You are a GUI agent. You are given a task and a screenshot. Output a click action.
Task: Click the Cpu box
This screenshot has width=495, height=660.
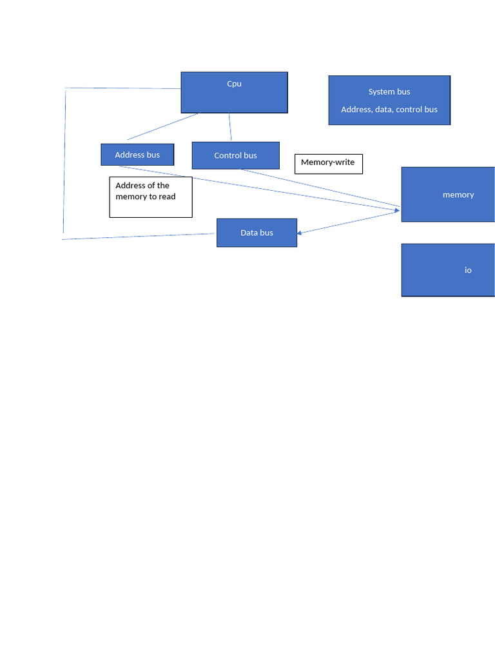click(234, 97)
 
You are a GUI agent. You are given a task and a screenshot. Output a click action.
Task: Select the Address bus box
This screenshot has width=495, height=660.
click(137, 155)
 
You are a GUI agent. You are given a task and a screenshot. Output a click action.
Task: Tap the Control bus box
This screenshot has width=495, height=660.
click(235, 155)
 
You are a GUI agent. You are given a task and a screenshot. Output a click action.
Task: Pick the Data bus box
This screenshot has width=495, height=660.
click(257, 233)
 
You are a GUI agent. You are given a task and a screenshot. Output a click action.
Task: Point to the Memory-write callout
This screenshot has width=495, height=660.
click(328, 164)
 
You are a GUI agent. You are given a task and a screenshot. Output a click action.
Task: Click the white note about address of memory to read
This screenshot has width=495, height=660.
click(151, 197)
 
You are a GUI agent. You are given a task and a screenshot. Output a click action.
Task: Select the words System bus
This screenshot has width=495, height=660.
click(389, 92)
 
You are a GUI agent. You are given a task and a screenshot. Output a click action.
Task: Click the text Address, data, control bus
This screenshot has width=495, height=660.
click(389, 110)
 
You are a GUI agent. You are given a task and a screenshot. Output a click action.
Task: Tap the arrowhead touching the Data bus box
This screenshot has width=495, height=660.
click(300, 233)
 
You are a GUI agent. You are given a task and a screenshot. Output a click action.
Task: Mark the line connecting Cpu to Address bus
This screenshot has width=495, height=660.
click(163, 126)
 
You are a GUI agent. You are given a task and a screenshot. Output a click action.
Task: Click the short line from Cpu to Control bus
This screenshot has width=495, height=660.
click(230, 127)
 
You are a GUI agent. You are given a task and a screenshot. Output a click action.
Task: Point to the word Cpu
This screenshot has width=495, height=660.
click(234, 84)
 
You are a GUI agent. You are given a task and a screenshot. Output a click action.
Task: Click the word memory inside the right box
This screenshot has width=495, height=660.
click(458, 195)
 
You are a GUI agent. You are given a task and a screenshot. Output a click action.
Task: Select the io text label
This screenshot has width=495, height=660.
click(468, 270)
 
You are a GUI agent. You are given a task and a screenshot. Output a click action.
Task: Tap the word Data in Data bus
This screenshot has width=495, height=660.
click(249, 233)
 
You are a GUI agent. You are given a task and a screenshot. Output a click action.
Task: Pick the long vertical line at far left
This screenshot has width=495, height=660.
click(64, 161)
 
